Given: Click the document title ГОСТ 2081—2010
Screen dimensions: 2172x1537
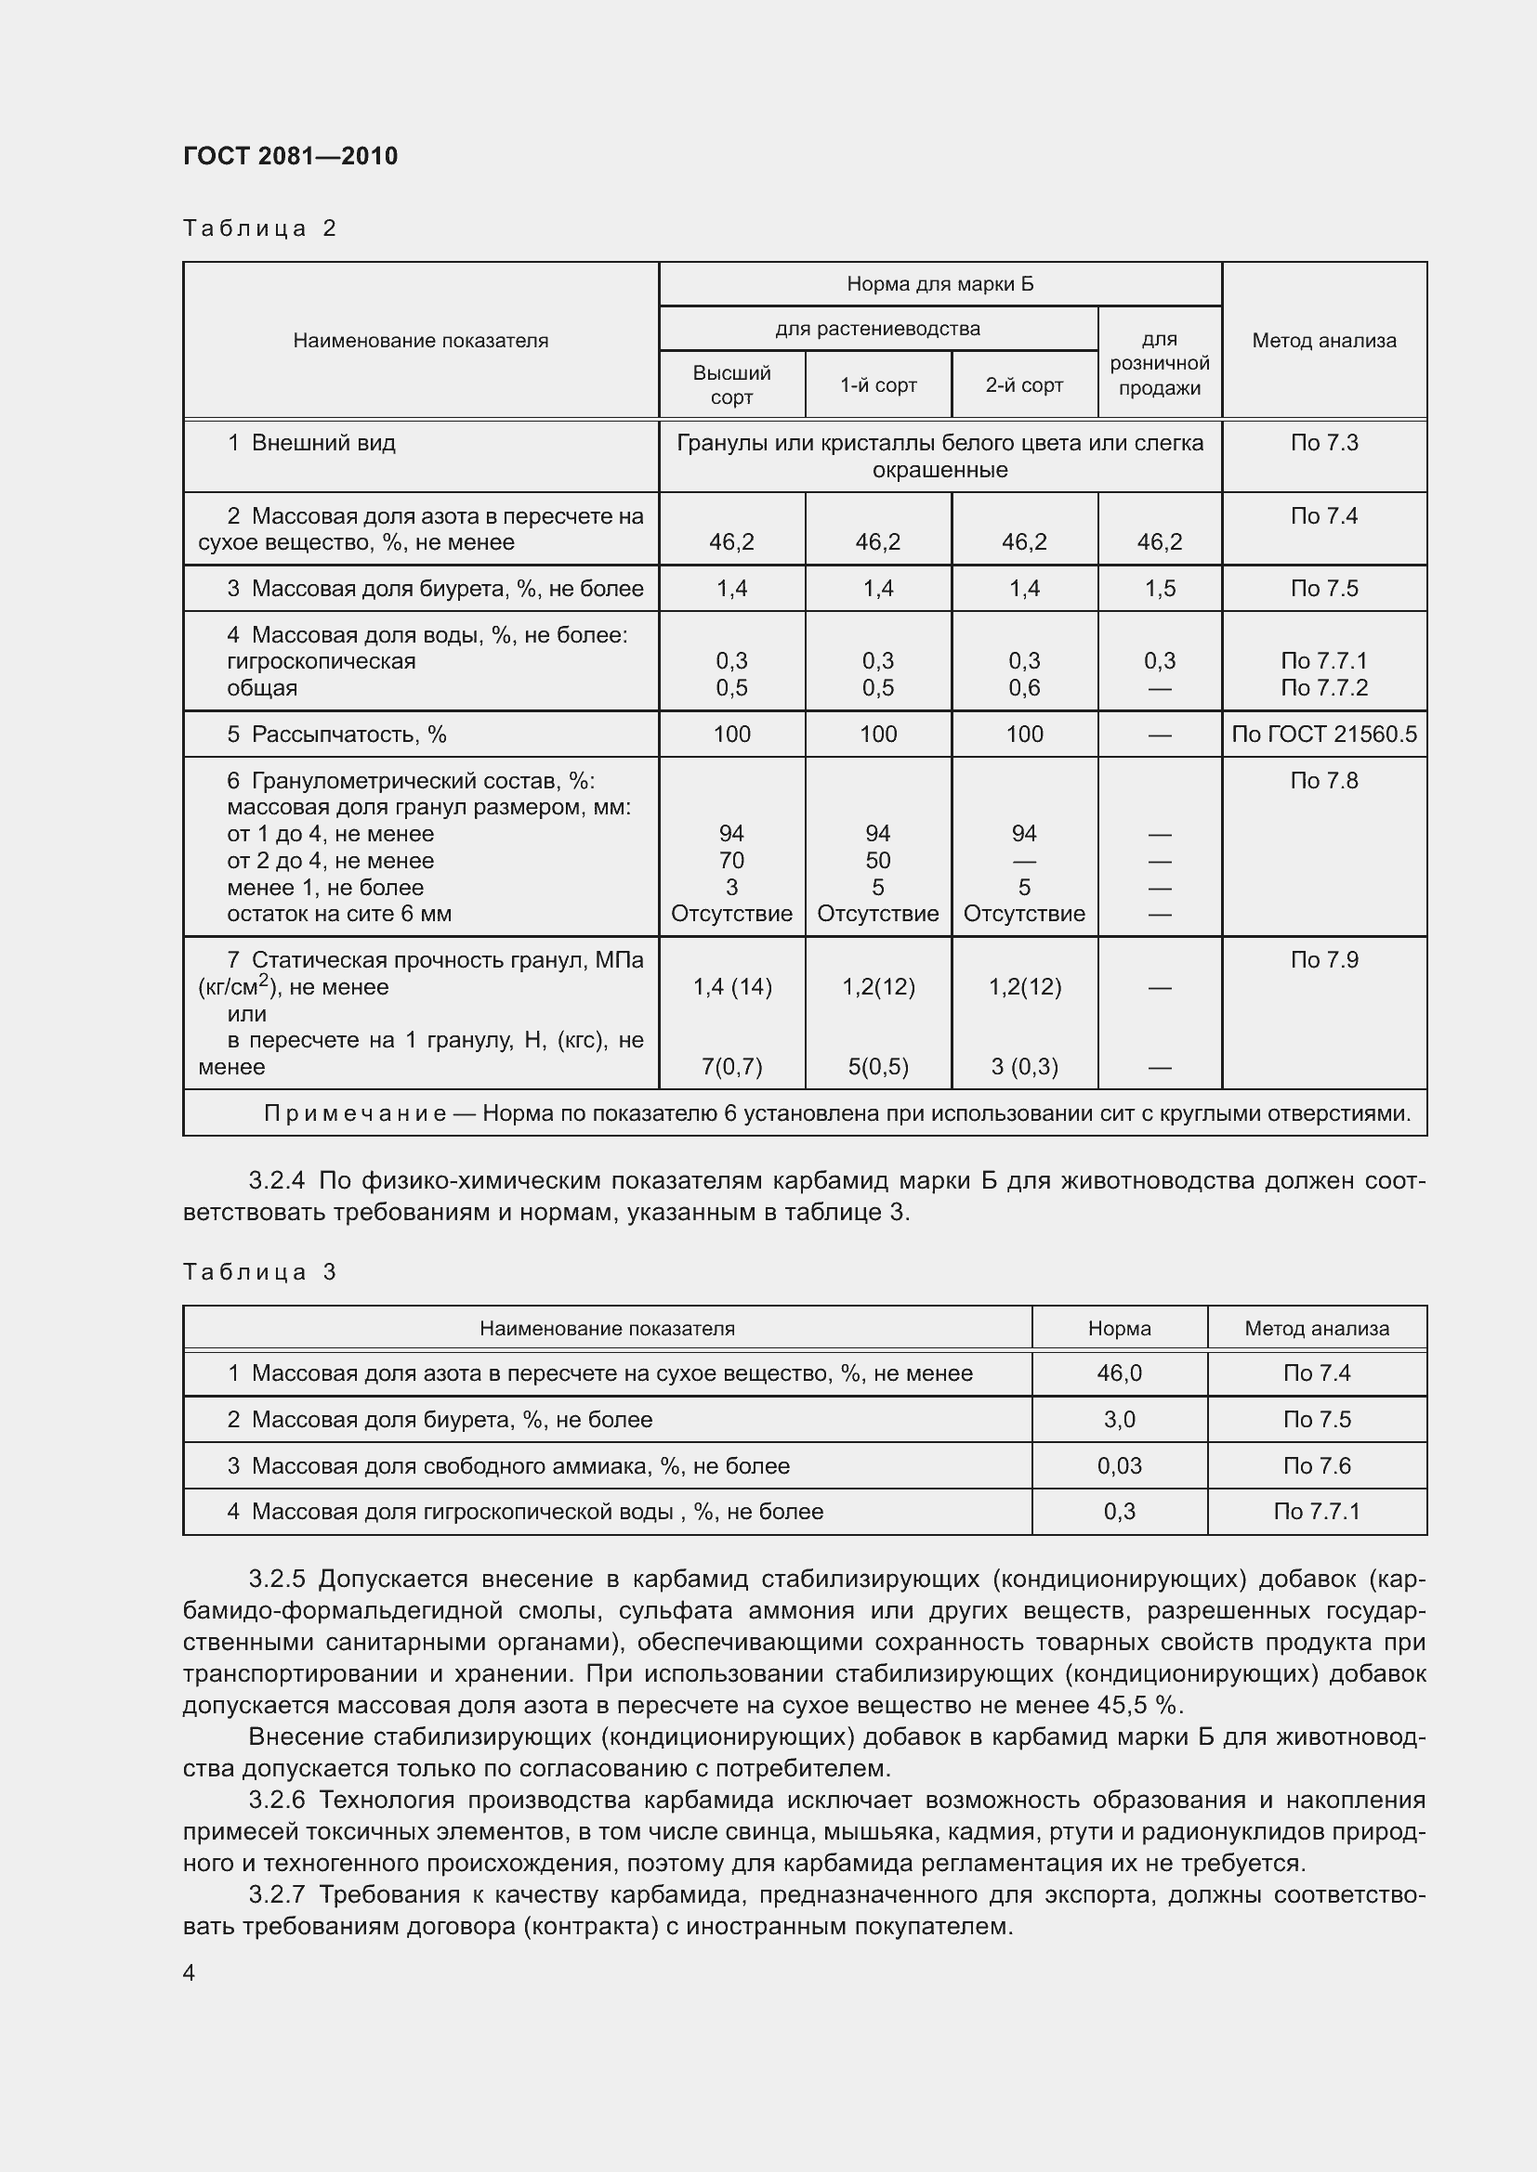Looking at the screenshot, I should coord(291,156).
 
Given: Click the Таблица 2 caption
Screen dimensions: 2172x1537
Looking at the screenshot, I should coord(260,228).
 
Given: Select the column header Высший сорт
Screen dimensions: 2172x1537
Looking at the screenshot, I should coord(731,385).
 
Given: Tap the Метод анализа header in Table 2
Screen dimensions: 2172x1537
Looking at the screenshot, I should coord(1323,341).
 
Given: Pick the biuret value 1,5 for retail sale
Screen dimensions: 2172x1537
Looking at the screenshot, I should coord(1160,589).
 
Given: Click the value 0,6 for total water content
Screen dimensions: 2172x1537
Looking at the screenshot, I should coord(1024,688).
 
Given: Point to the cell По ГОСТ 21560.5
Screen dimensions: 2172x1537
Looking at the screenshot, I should coord(1323,735).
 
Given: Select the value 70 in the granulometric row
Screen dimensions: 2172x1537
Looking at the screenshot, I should coord(731,861).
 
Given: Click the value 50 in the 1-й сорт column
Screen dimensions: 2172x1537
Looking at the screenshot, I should coord(877,861).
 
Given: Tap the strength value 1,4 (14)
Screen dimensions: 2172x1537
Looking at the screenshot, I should coord(732,987).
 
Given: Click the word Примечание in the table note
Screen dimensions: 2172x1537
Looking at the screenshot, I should coord(355,1113).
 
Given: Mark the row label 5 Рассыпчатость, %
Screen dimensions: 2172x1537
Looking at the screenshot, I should coord(337,735).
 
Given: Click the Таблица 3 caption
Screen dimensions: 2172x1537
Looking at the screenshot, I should coord(260,1271).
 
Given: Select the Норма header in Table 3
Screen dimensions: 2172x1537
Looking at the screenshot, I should coord(1119,1328).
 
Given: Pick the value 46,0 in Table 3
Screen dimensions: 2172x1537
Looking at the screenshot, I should coord(1119,1372).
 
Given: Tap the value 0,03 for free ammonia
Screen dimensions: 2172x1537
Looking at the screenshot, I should coord(1119,1465).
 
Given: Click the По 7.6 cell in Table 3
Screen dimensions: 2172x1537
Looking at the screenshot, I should coord(1316,1465).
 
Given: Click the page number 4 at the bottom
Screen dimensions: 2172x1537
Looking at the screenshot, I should coord(190,1972).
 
